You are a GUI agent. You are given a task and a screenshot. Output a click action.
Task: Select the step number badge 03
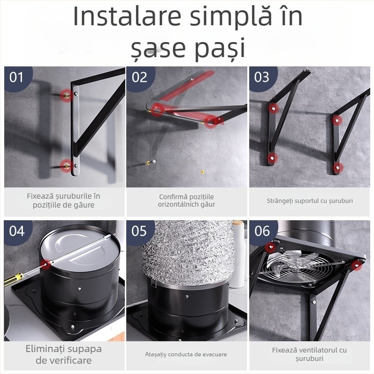262,77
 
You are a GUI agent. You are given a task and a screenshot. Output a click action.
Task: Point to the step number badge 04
17,231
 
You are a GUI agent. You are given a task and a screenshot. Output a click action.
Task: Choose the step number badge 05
139,231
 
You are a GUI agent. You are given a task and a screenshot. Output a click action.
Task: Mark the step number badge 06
262,231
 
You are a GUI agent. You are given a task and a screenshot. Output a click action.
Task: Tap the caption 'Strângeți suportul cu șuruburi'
309,201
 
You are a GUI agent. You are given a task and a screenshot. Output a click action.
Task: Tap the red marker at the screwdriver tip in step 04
46,265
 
